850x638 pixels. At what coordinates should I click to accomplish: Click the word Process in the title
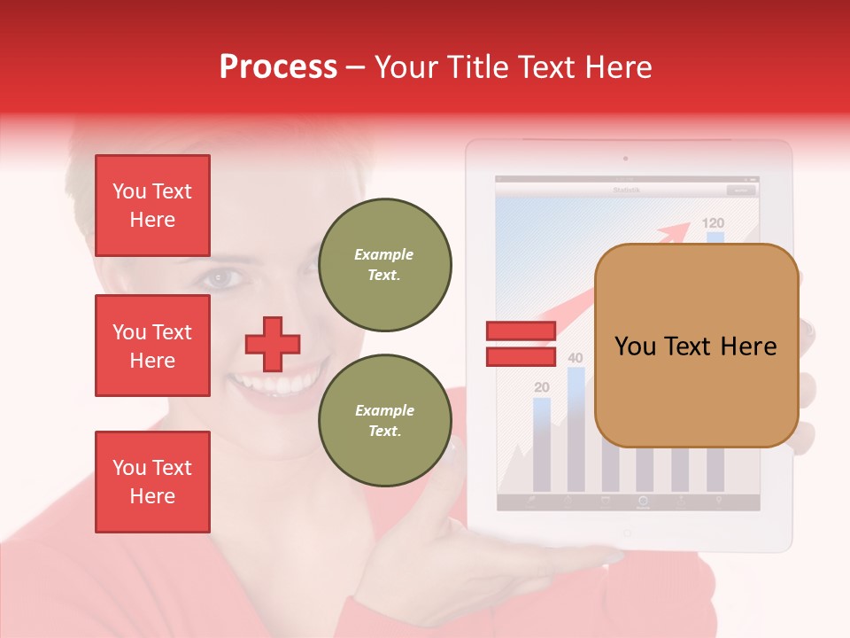point(278,67)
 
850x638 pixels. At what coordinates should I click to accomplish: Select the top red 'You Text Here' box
point(152,206)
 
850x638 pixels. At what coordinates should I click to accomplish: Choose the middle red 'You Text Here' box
point(152,346)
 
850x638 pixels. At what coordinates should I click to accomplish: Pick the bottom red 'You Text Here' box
point(152,481)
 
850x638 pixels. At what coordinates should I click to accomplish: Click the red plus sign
point(273,344)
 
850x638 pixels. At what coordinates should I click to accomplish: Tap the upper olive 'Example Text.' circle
point(384,264)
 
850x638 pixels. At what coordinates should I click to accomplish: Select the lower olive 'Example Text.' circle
point(384,420)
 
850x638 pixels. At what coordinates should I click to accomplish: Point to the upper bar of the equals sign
point(521,331)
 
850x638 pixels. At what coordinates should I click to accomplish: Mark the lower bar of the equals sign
point(521,356)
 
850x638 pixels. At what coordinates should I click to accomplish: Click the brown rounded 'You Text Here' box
point(696,346)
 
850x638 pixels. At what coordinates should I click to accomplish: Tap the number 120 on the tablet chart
point(713,223)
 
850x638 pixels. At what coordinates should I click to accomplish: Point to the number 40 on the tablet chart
point(576,358)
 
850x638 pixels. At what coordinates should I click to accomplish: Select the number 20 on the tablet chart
point(542,387)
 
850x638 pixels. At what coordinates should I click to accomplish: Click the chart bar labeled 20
point(542,443)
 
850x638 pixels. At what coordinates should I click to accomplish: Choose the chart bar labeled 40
point(576,430)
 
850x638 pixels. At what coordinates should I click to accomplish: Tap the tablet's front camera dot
point(626,159)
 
